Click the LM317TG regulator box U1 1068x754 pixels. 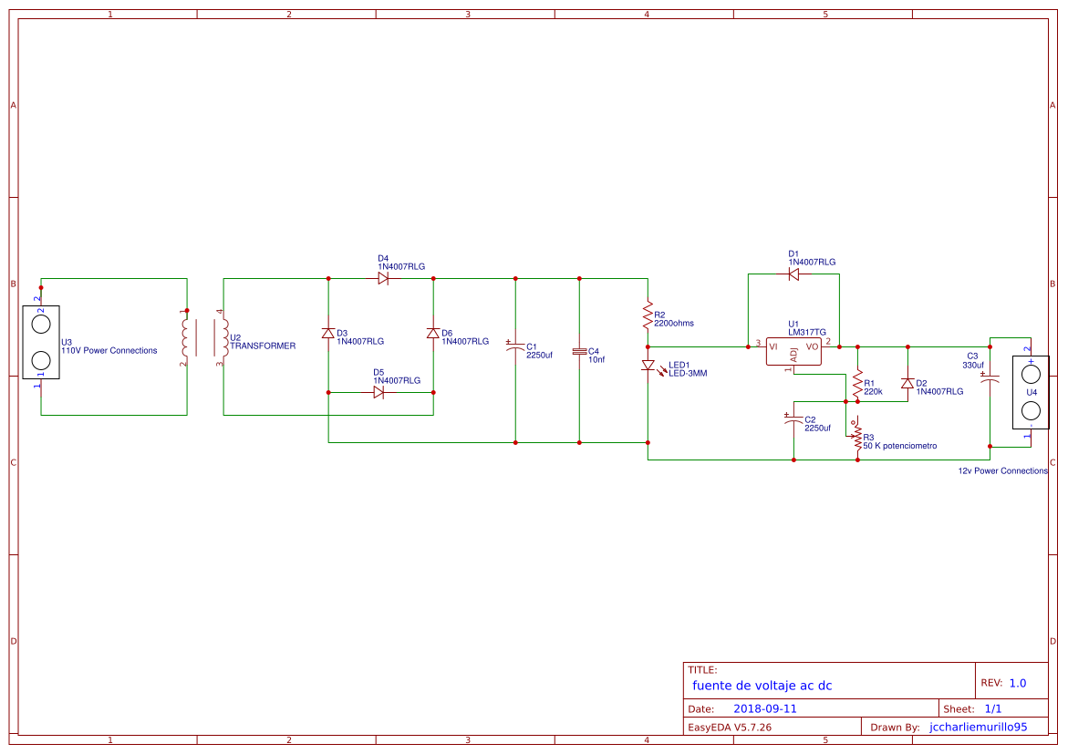coord(793,352)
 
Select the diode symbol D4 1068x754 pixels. coord(383,278)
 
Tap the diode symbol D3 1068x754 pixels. coord(328,334)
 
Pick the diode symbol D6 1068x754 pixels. coord(433,334)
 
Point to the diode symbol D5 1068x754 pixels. coord(379,392)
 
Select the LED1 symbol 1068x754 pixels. coord(648,366)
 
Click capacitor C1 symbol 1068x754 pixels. coord(515,347)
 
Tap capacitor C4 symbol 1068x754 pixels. coord(579,351)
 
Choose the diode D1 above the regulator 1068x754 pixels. coord(793,274)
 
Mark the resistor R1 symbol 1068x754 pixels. coord(857,385)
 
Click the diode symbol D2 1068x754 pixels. coord(907,384)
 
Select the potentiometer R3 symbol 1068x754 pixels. coord(857,438)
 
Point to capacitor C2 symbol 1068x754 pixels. coord(793,420)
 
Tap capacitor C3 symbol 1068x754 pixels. coord(990,377)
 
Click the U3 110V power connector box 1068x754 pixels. coord(41,342)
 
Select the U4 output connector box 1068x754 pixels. coord(1031,392)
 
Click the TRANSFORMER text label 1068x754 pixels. coord(263,346)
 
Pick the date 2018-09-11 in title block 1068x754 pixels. coord(765,708)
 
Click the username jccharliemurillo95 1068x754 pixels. coord(978,728)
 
